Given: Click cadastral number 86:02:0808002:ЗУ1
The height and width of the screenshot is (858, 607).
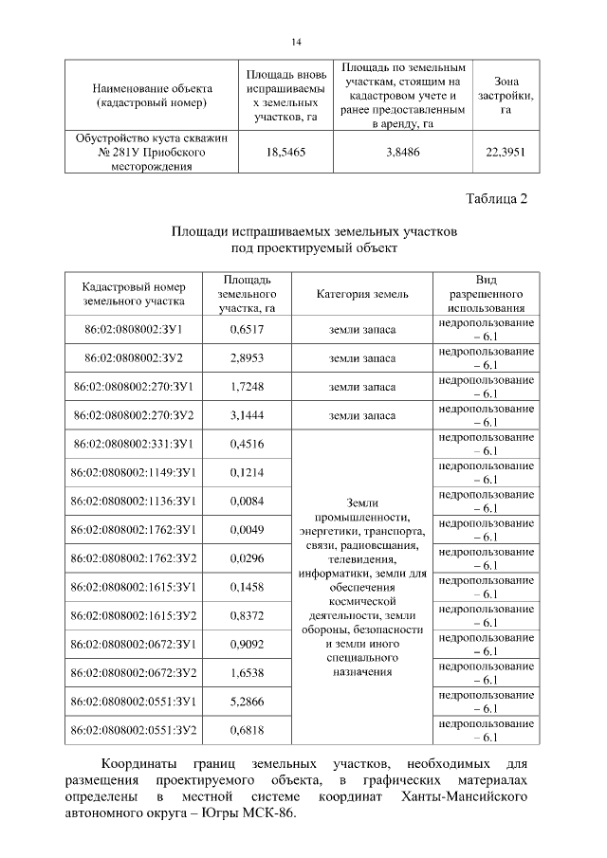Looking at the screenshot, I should pyautogui.click(x=134, y=329).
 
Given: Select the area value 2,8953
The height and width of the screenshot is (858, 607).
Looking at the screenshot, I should pyautogui.click(x=247, y=358).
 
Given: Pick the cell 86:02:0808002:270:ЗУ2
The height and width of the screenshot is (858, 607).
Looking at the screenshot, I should pyautogui.click(x=134, y=415).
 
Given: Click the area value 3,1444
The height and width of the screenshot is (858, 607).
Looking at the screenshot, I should pyautogui.click(x=247, y=415).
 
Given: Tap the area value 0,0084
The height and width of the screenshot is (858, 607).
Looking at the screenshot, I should pyautogui.click(x=247, y=501).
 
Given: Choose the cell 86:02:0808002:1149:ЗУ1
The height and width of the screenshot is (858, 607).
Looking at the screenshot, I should pyautogui.click(x=134, y=472).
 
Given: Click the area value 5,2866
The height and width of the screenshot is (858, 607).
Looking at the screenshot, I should pyautogui.click(x=247, y=701).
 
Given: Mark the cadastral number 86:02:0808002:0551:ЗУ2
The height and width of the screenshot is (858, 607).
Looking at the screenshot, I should pyautogui.click(x=134, y=729).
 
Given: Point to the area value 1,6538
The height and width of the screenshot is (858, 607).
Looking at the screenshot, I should pyautogui.click(x=247, y=672).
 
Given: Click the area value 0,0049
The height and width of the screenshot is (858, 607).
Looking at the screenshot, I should pyautogui.click(x=247, y=529).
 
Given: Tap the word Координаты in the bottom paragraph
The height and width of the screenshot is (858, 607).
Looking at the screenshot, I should pyautogui.click(x=141, y=762).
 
